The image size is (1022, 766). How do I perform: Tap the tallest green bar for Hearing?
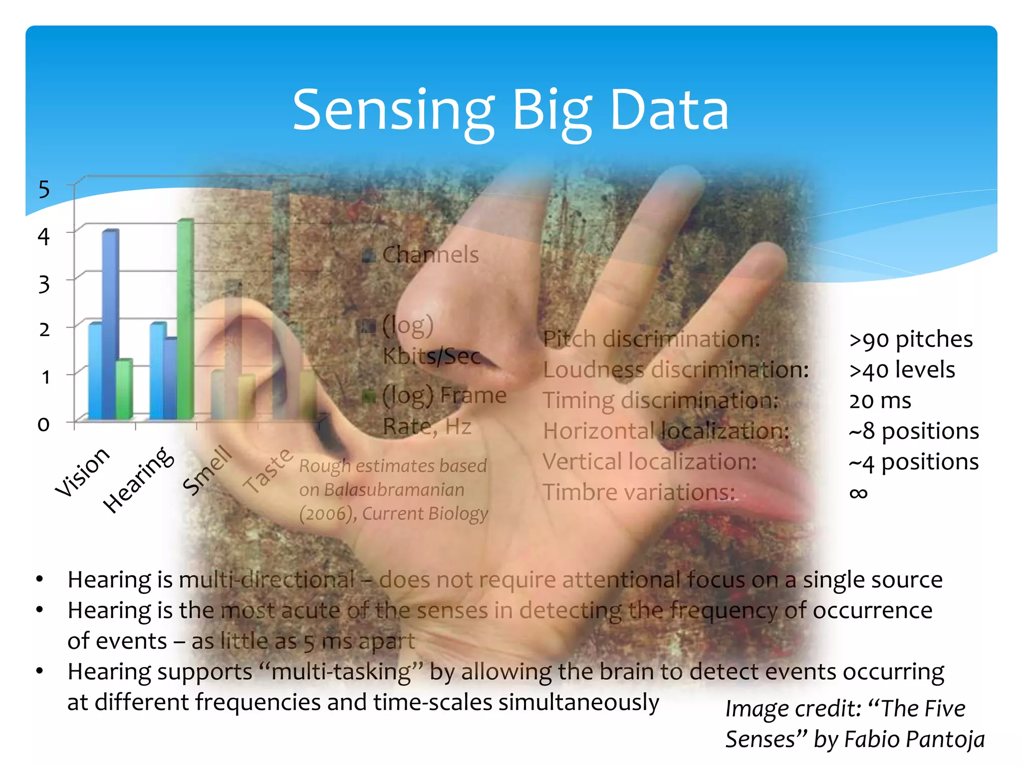(x=185, y=319)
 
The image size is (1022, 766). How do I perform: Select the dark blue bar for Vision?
(x=111, y=324)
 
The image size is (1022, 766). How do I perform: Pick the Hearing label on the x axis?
(x=139, y=480)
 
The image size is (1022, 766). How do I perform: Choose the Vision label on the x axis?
(x=82, y=471)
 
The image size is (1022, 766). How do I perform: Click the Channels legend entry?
(x=430, y=255)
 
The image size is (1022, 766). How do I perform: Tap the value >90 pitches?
(x=911, y=340)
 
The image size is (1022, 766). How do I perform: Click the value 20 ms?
(x=880, y=401)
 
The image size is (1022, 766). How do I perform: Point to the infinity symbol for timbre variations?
(x=858, y=493)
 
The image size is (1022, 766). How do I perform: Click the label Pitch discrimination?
(x=651, y=340)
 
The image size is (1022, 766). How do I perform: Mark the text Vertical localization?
(x=649, y=462)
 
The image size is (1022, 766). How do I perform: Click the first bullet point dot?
(x=40, y=579)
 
